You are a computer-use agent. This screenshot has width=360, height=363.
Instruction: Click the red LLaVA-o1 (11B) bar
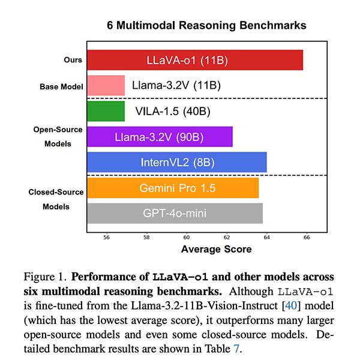[195, 61]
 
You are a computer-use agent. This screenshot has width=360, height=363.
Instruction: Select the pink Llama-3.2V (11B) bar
[106, 86]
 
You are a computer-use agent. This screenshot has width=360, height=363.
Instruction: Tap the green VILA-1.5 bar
[106, 112]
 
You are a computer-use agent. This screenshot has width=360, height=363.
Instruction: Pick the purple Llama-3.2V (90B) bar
[160, 137]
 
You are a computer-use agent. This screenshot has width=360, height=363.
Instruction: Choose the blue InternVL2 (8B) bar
[176, 163]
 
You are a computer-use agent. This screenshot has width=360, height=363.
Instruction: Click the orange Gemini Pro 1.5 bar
[173, 188]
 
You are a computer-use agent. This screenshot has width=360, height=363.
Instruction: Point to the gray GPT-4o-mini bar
[175, 213]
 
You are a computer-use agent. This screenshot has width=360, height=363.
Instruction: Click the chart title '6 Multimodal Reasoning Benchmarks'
[206, 25]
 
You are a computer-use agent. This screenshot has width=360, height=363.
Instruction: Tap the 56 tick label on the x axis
[107, 237]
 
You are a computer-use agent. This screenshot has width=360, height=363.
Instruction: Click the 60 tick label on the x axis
[187, 237]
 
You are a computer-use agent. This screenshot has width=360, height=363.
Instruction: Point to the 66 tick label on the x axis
[306, 237]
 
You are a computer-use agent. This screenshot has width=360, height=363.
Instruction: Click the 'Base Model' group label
[61, 86]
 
